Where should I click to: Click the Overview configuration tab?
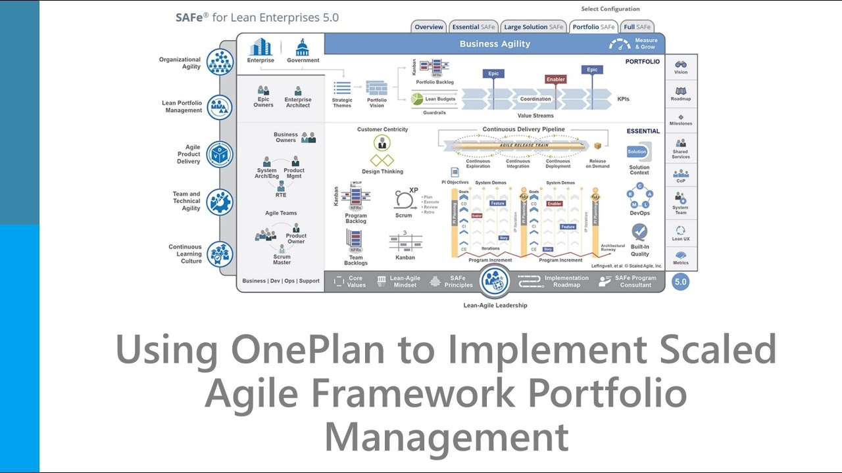429,27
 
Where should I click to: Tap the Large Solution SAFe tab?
533,27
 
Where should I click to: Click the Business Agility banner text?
495,44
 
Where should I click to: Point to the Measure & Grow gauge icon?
620,44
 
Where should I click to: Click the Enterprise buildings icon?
260,47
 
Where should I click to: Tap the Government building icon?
303,47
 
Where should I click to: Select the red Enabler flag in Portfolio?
556,79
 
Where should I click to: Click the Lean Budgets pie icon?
416,99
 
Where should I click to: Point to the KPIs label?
623,99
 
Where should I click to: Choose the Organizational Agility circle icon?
220,62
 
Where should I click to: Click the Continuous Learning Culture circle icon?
220,254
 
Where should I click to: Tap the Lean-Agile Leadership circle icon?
494,281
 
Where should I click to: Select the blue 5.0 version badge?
681,282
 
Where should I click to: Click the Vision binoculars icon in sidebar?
681,64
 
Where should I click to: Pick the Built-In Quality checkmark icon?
639,231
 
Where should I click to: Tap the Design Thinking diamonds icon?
382,160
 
